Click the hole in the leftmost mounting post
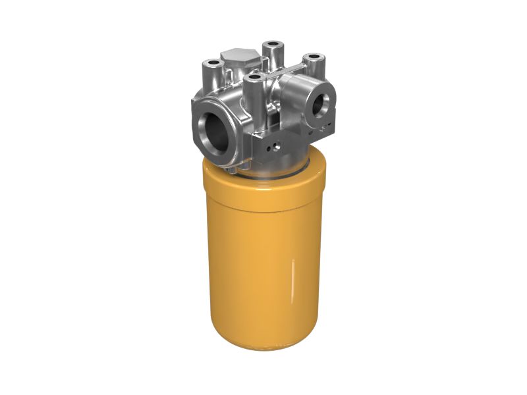(x=213, y=64)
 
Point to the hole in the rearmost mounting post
(x=272, y=45)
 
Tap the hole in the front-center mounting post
(x=253, y=78)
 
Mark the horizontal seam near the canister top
(x=263, y=209)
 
